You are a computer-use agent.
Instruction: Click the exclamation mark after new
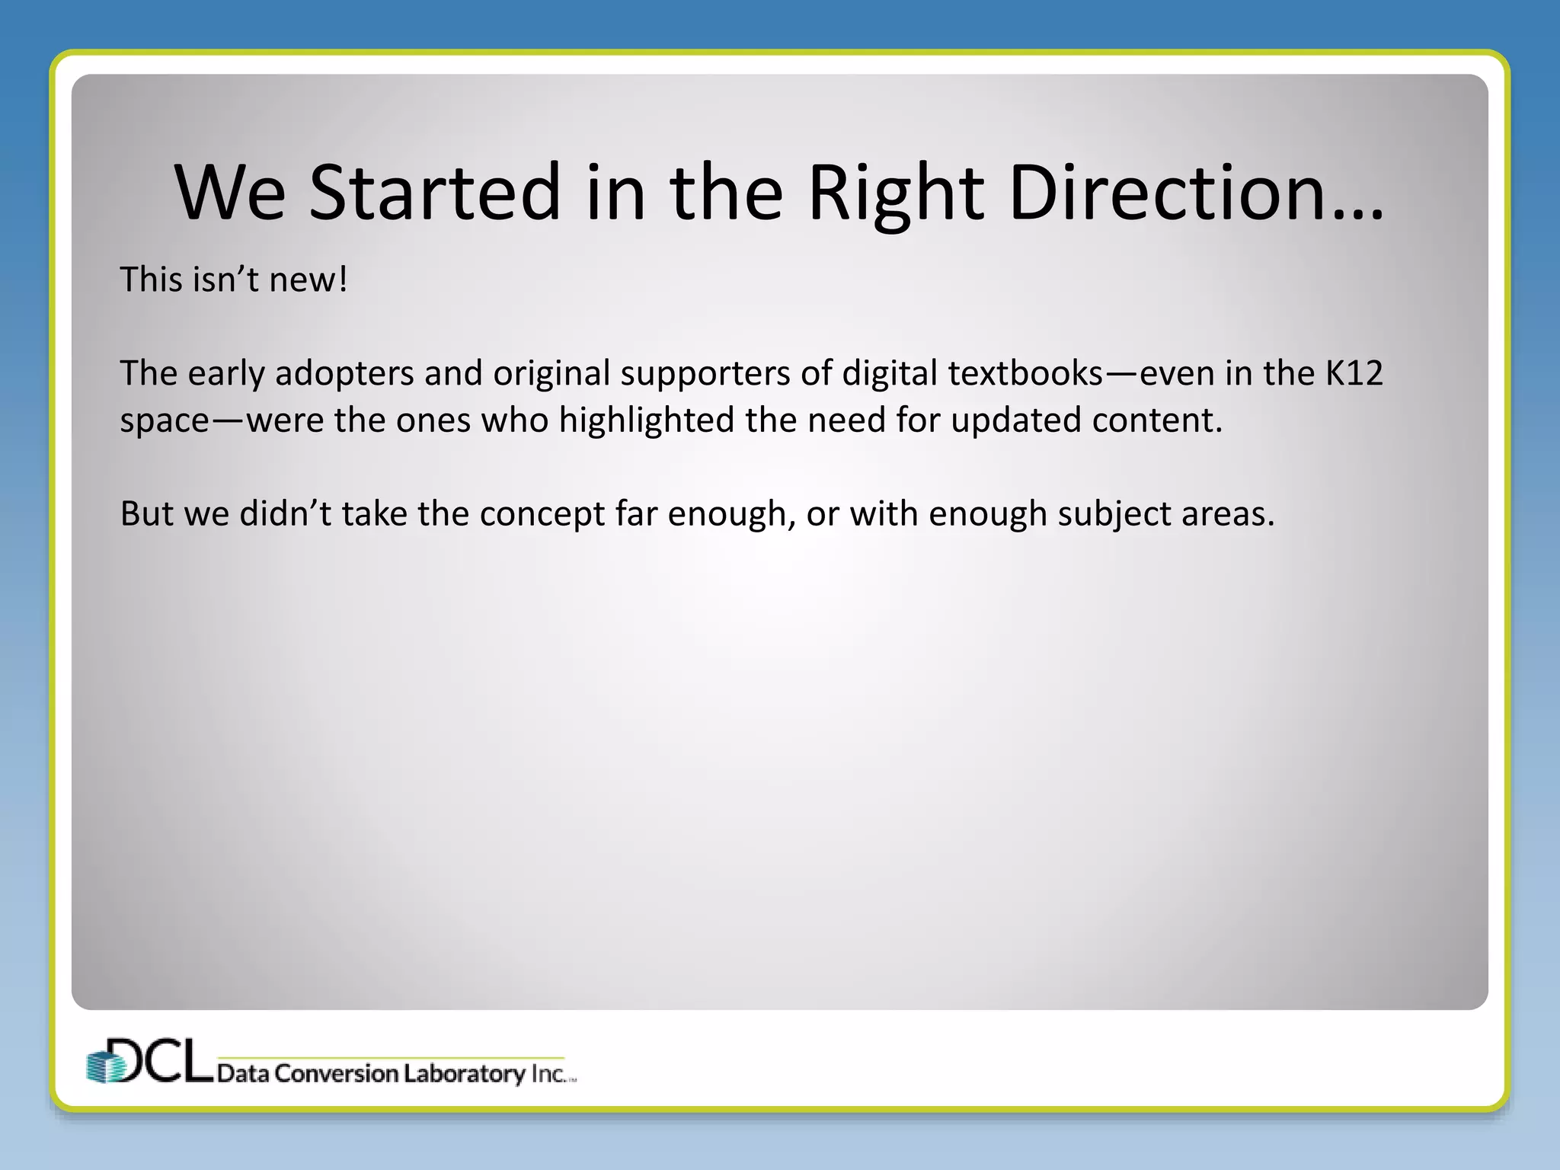tap(344, 280)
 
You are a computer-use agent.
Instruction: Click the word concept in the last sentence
tap(542, 514)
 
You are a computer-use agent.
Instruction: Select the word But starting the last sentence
tap(146, 514)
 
